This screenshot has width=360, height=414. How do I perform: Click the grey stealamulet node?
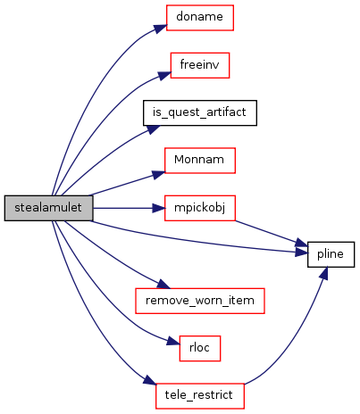[x=48, y=208]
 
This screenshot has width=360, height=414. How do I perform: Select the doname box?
[x=200, y=18]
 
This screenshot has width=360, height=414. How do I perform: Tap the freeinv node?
[x=200, y=65]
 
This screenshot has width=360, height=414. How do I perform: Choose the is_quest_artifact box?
[x=200, y=113]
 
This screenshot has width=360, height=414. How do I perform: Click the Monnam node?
[x=200, y=161]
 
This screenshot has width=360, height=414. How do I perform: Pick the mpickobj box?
[x=200, y=208]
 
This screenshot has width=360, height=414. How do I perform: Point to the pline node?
[x=331, y=254]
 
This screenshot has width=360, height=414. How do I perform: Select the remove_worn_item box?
[x=200, y=301]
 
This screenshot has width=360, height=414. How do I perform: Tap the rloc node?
[x=200, y=349]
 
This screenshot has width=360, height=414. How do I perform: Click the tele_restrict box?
[x=200, y=396]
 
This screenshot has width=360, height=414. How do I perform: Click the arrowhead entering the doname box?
[x=160, y=29]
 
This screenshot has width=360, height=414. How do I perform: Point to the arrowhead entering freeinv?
[x=164, y=75]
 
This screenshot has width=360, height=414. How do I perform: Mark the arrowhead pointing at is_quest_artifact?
[x=153, y=129]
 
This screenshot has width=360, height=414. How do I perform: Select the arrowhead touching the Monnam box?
[x=158, y=175]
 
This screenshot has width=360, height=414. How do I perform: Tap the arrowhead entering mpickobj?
[x=158, y=208]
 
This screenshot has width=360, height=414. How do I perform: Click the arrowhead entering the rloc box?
[x=173, y=341]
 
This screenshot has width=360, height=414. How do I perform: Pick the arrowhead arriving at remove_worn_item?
[x=163, y=284]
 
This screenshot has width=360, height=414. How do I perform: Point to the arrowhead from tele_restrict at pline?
[x=323, y=274]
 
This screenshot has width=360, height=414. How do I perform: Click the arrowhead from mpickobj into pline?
[x=301, y=243]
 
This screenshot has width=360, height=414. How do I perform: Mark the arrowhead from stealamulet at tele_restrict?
[x=150, y=380]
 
